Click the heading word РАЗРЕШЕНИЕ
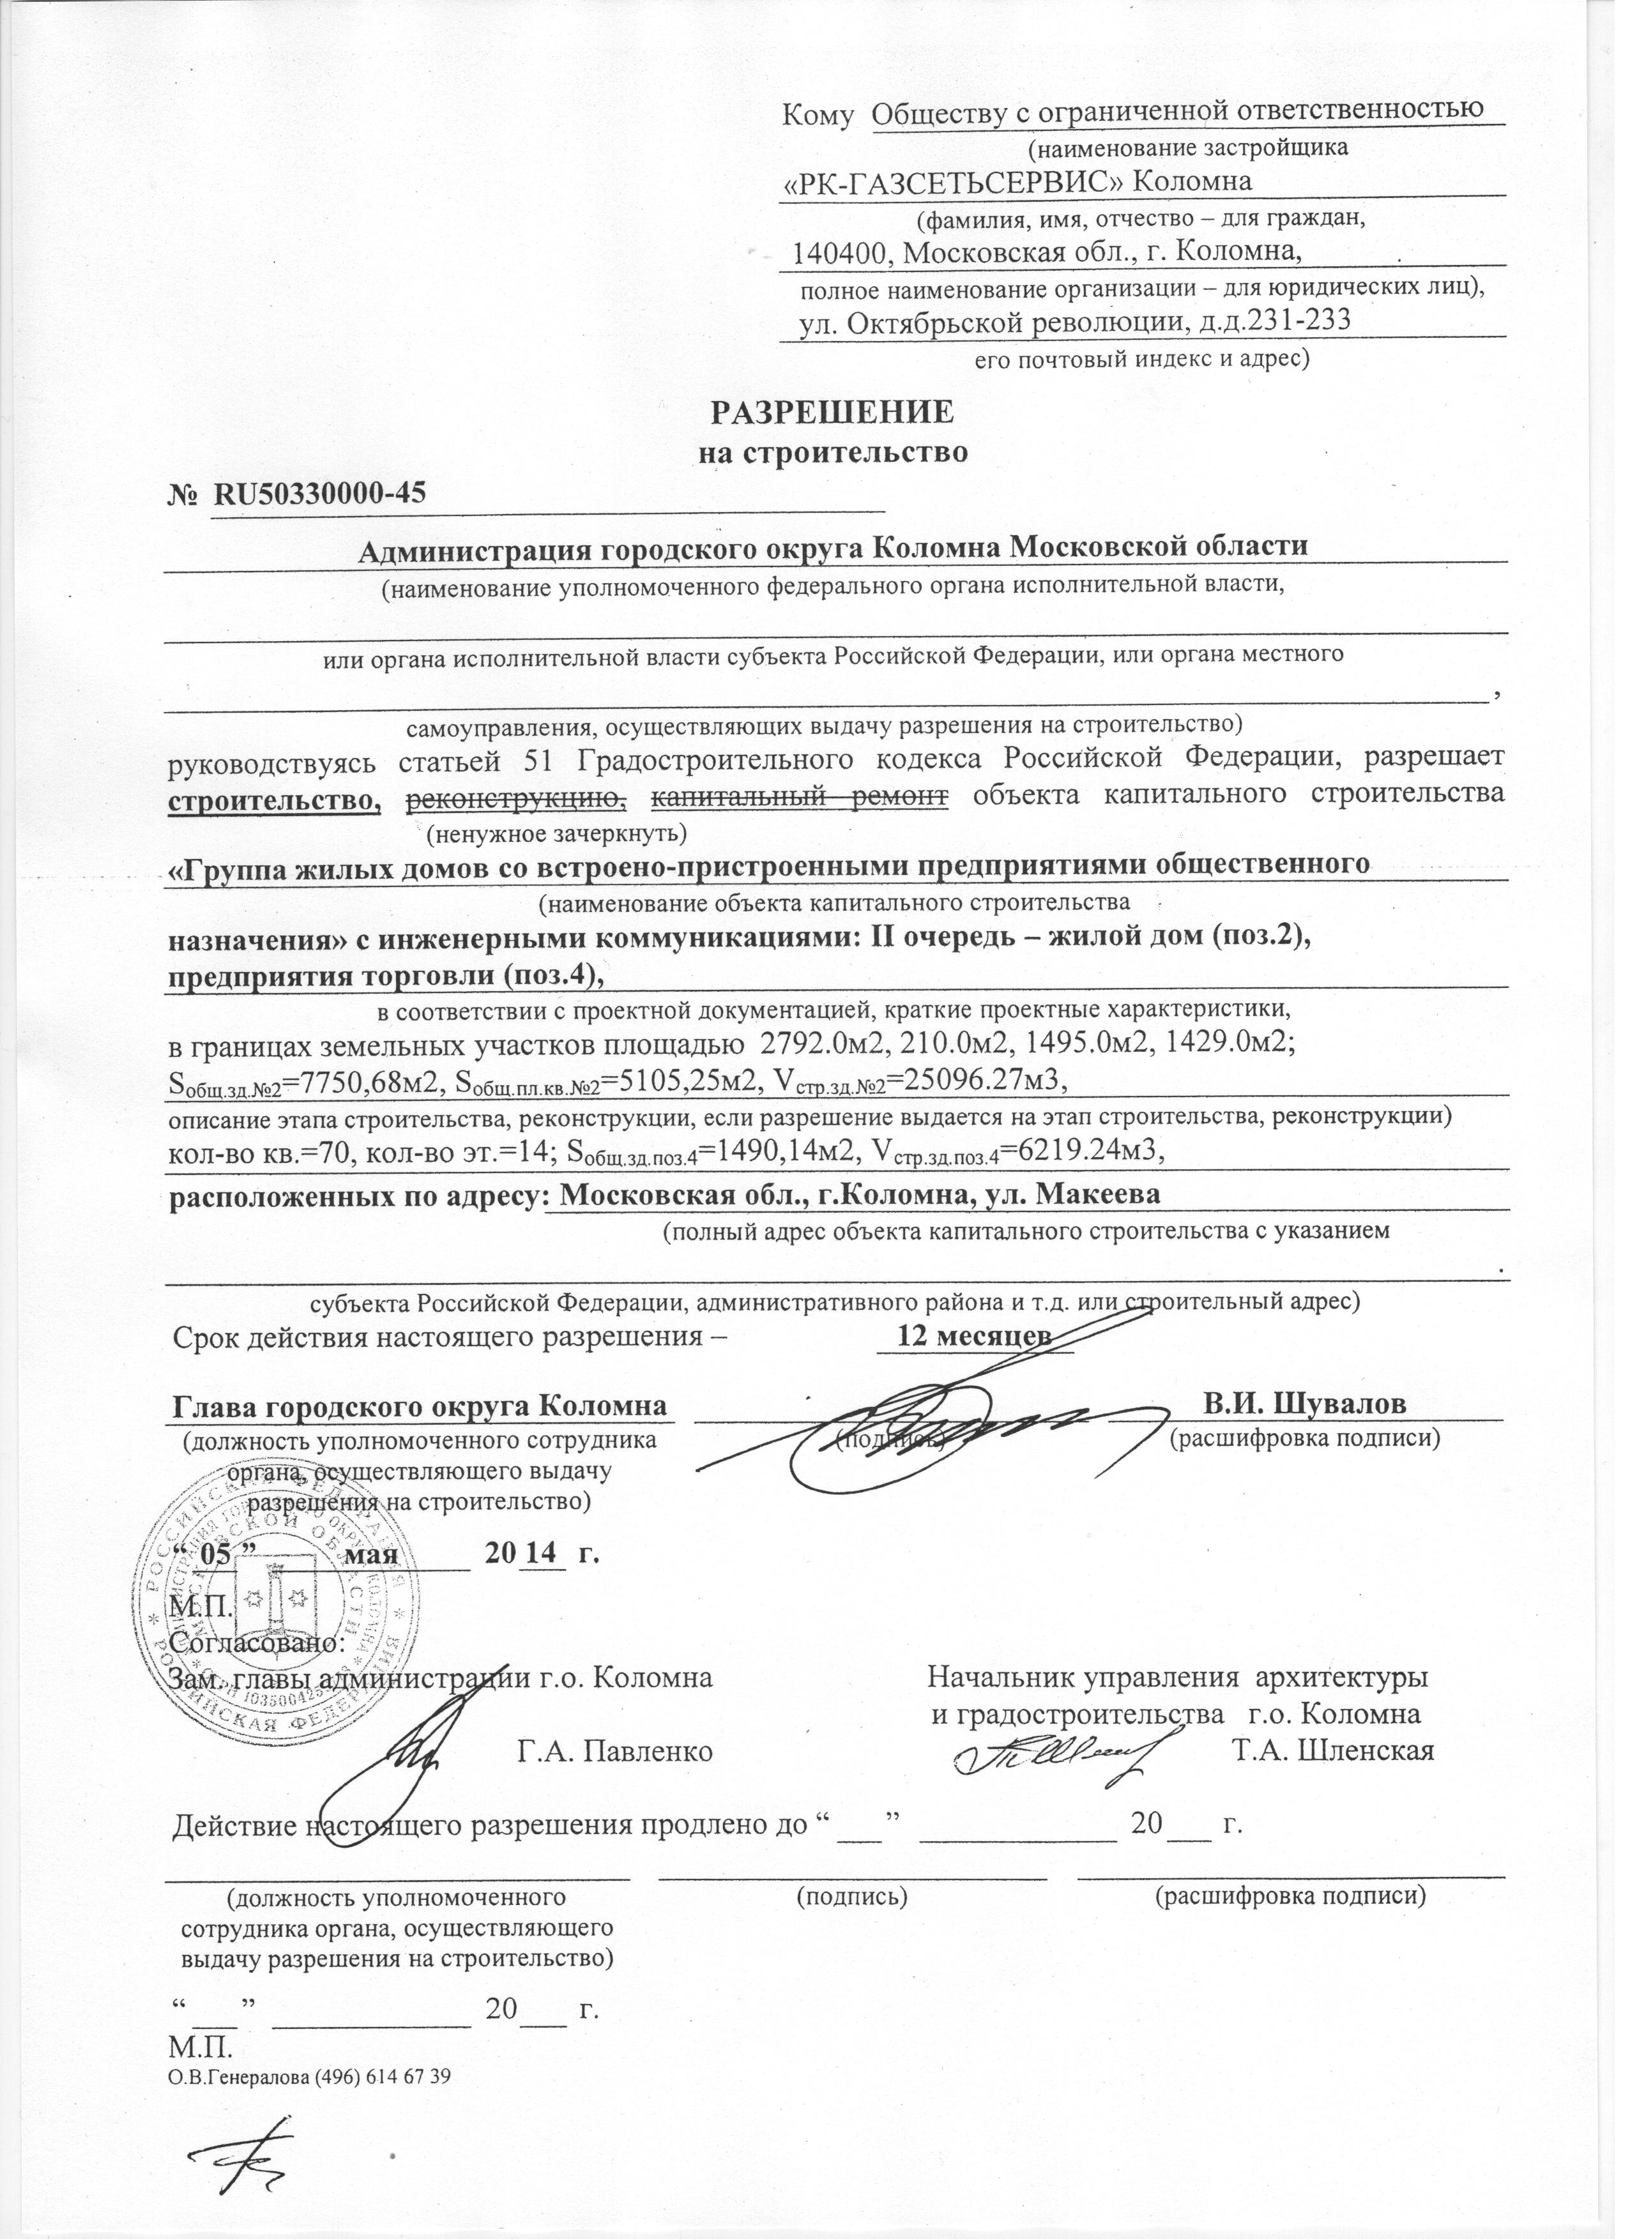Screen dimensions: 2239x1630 834,413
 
